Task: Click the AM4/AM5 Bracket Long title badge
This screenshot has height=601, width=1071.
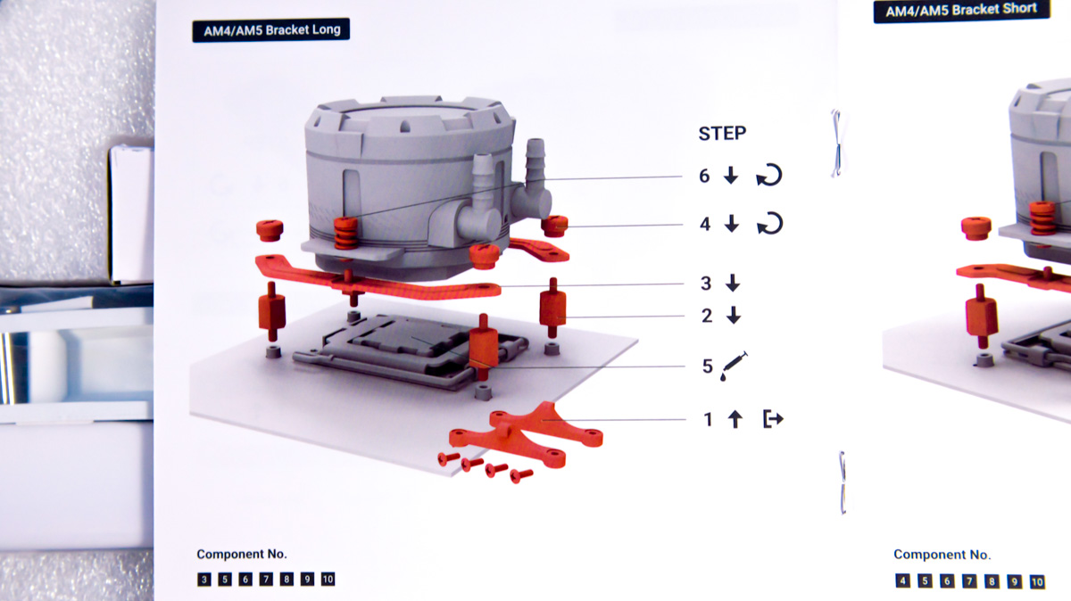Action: pos(270,30)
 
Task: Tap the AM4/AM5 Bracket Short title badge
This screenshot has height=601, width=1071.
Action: pos(961,10)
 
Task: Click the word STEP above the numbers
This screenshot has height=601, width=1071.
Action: pos(722,133)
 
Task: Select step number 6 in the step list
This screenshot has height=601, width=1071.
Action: pos(704,176)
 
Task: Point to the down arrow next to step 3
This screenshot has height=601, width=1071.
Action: pos(733,283)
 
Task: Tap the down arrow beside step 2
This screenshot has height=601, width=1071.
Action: pos(734,316)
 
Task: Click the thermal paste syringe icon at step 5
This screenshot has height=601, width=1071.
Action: pos(734,366)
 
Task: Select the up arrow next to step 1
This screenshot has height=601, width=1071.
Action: pos(735,419)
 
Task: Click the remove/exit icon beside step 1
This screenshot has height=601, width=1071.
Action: pos(773,419)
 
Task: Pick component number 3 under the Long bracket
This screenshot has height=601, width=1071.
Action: pos(204,580)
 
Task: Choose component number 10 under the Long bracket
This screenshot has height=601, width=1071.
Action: pos(328,580)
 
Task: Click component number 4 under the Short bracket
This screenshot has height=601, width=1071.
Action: pos(902,580)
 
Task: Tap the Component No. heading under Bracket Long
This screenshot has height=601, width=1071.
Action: pos(242,554)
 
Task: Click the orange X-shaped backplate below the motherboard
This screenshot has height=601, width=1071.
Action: pos(526,435)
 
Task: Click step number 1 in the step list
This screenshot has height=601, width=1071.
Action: pos(708,419)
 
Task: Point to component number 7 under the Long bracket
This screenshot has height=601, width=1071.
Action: pos(266,580)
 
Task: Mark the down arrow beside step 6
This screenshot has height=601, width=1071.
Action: pos(731,176)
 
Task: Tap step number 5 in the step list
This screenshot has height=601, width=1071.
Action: pos(708,366)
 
